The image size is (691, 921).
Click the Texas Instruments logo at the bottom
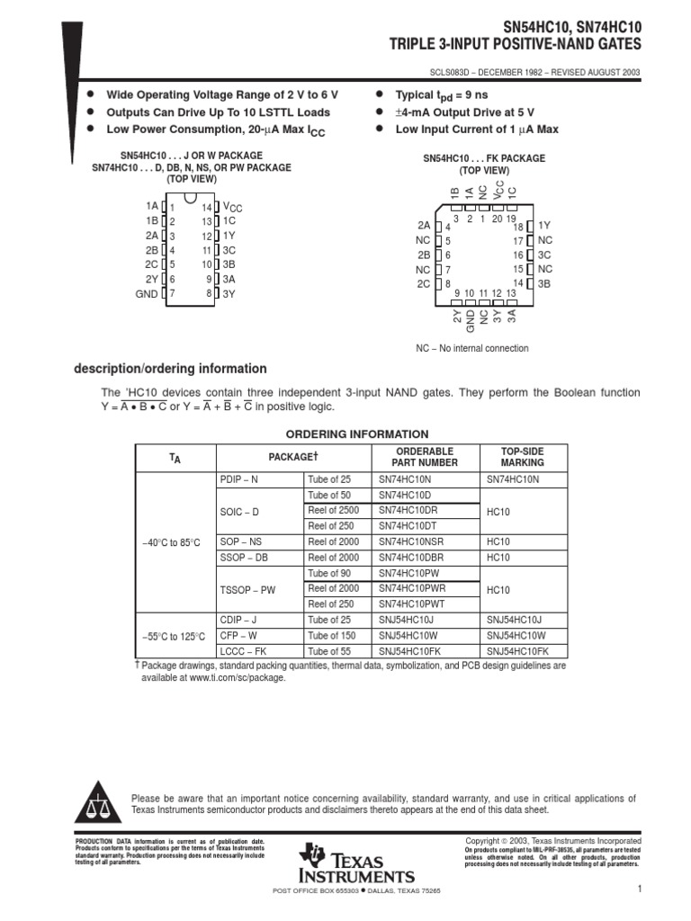pos(358,863)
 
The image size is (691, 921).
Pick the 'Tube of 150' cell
pos(330,635)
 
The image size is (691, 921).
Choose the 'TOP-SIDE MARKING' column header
pos(522,457)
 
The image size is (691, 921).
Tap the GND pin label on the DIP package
pos(146,293)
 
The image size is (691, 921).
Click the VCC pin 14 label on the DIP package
pos(232,207)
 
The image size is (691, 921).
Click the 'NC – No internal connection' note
pos(471,348)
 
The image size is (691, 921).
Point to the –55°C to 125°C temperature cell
pos(174,636)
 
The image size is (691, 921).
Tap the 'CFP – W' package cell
pos(238,635)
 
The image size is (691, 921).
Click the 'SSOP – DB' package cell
pos(244,558)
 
